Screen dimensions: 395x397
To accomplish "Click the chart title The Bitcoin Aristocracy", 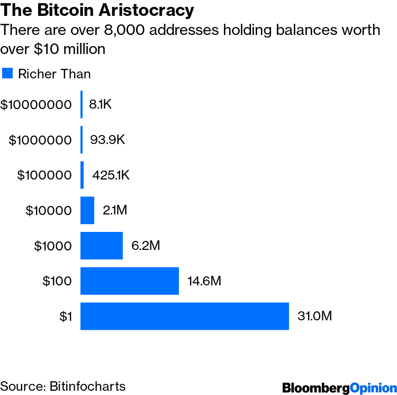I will (97, 10).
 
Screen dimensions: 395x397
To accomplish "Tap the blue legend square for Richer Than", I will (7, 73).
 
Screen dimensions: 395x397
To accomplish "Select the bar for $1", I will (184, 316).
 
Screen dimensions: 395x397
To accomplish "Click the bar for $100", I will (130, 281).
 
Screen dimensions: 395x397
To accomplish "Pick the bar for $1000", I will (102, 246).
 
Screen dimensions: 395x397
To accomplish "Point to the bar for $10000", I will (87, 210).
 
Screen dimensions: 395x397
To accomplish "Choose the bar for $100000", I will (82, 175).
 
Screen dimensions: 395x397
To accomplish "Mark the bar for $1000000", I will (82, 140).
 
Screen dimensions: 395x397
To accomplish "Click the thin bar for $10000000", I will (82, 104).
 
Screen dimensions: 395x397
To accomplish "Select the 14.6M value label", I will (204, 281).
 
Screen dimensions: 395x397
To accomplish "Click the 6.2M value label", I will (146, 246).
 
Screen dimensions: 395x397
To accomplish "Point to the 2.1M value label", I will (115, 210).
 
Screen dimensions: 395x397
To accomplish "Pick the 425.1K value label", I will (111, 175).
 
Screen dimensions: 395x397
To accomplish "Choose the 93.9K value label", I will (107, 140).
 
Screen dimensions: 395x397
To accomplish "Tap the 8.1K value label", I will (101, 105).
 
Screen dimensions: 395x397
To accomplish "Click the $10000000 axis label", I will (36, 105).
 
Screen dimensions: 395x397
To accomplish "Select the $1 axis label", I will (66, 317).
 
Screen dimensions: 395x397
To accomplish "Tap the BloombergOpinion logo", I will (339, 387).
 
